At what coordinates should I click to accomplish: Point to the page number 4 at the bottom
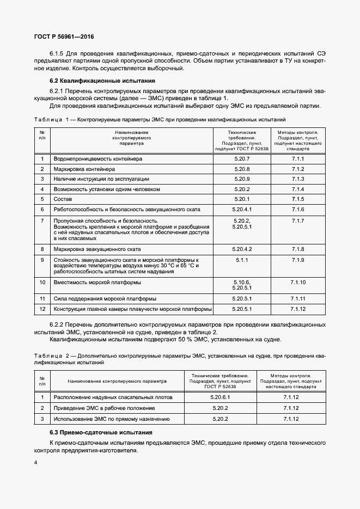coord(36,462)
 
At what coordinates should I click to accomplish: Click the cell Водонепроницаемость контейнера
coord(97,158)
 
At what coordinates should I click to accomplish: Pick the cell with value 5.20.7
coord(242,158)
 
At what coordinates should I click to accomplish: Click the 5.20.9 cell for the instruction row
coord(242,179)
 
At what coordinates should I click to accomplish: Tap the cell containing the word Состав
coord(59,199)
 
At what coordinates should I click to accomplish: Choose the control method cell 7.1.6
coord(297,210)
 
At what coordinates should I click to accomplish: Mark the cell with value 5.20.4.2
coord(242,249)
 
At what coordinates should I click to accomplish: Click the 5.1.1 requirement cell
coord(242,260)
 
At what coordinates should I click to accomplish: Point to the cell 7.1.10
coord(297,283)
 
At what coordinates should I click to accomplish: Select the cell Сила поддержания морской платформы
coord(105,299)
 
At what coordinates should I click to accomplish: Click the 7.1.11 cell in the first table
coord(297,299)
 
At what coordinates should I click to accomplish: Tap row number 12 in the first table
coord(42,309)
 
